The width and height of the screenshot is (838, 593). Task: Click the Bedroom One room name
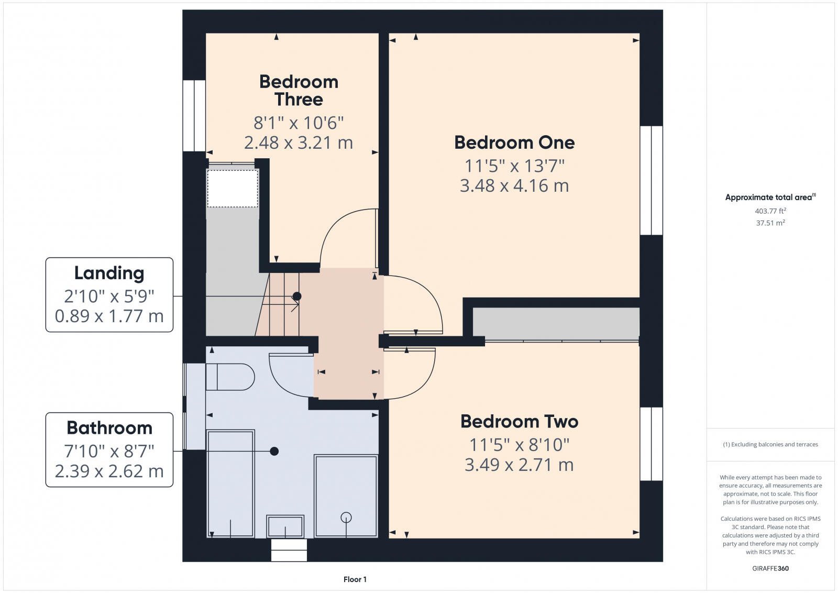(514, 142)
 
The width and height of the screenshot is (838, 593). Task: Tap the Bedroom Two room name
(519, 422)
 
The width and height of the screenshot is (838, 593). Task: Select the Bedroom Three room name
(299, 90)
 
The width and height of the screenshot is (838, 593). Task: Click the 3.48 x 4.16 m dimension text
(514, 186)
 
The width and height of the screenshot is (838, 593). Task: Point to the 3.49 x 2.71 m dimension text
(519, 465)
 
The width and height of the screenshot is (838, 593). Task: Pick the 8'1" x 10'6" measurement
(299, 123)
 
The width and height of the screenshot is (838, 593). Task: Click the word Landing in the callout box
(109, 273)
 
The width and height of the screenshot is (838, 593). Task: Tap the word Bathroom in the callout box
(109, 428)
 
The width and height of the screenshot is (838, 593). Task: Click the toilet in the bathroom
(230, 377)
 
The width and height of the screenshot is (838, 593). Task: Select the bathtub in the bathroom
(230, 483)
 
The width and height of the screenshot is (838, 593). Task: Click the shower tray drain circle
(346, 518)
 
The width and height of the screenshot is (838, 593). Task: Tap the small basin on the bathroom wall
(285, 526)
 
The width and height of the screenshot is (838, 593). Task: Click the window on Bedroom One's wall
(652, 180)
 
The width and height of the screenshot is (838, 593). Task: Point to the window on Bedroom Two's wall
(652, 444)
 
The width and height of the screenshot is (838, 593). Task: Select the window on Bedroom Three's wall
(194, 116)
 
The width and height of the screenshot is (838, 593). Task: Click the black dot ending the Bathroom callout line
(274, 451)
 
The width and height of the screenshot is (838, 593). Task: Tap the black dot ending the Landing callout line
(297, 296)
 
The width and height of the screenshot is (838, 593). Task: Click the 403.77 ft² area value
(770, 211)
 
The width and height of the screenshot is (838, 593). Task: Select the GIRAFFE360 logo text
(770, 568)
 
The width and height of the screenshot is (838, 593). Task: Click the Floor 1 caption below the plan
(355, 579)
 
